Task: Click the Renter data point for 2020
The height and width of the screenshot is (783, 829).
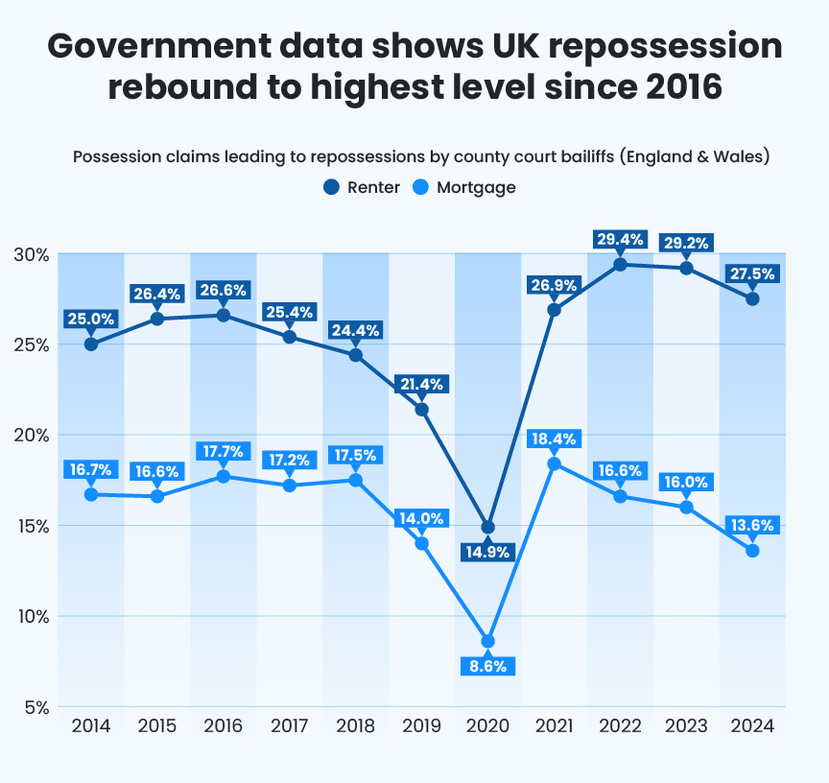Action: tap(487, 527)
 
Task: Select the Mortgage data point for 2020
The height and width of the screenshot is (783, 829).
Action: tap(487, 641)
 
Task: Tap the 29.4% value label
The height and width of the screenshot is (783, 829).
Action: tap(619, 240)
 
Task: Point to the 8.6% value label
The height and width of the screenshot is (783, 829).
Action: tap(487, 666)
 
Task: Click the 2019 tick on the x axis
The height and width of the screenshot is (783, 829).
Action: tap(421, 725)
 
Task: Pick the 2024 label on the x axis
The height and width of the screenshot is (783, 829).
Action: tap(751, 725)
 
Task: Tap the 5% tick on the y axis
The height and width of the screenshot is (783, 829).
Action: tap(35, 708)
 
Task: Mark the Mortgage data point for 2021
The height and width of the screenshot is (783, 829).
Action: tap(554, 463)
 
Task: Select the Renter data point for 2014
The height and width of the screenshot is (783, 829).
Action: tap(91, 344)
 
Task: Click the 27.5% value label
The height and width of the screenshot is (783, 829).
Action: tap(751, 273)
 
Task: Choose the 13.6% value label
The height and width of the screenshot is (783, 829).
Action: tap(751, 526)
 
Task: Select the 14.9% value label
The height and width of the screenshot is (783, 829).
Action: tap(487, 552)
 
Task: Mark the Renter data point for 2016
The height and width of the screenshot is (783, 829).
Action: tap(223, 315)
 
